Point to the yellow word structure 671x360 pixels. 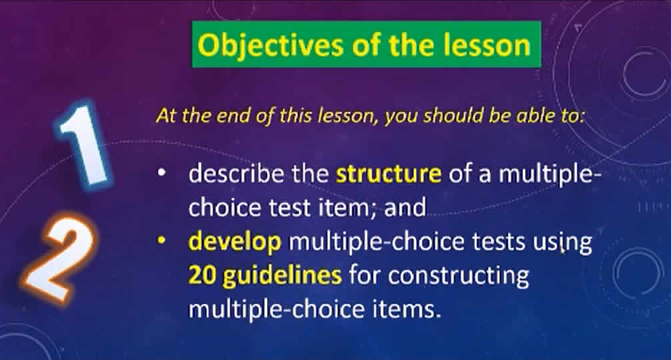pos(389,174)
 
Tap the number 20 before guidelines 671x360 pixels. pos(202,275)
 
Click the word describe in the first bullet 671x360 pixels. pos(236,173)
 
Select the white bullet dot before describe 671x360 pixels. pos(161,173)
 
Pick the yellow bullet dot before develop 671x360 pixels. pos(161,241)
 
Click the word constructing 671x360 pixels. pos(458,276)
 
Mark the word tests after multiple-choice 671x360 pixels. pos(498,242)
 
